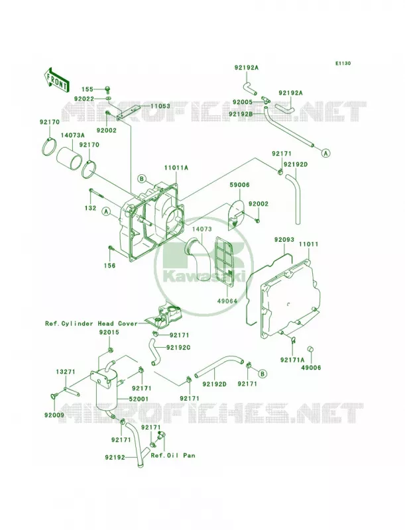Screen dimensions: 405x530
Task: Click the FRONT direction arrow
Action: (57, 80)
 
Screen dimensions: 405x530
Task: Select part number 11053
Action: (160, 106)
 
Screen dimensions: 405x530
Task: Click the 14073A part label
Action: (73, 135)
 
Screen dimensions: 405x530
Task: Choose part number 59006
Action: (240, 185)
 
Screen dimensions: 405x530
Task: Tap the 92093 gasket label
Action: (282, 240)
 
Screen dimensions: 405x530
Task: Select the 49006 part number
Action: (312, 368)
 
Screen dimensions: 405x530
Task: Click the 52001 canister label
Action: (139, 399)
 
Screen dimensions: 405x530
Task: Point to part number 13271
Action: (65, 372)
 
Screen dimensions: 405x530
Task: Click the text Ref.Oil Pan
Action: (173, 455)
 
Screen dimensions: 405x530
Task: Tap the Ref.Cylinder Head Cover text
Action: (91, 323)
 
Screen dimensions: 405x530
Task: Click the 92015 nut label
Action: (109, 333)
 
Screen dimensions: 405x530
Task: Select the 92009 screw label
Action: (54, 415)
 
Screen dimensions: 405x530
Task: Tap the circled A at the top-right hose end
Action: (325, 153)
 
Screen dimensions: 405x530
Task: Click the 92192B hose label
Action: (241, 114)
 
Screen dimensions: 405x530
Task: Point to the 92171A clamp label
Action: (292, 360)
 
